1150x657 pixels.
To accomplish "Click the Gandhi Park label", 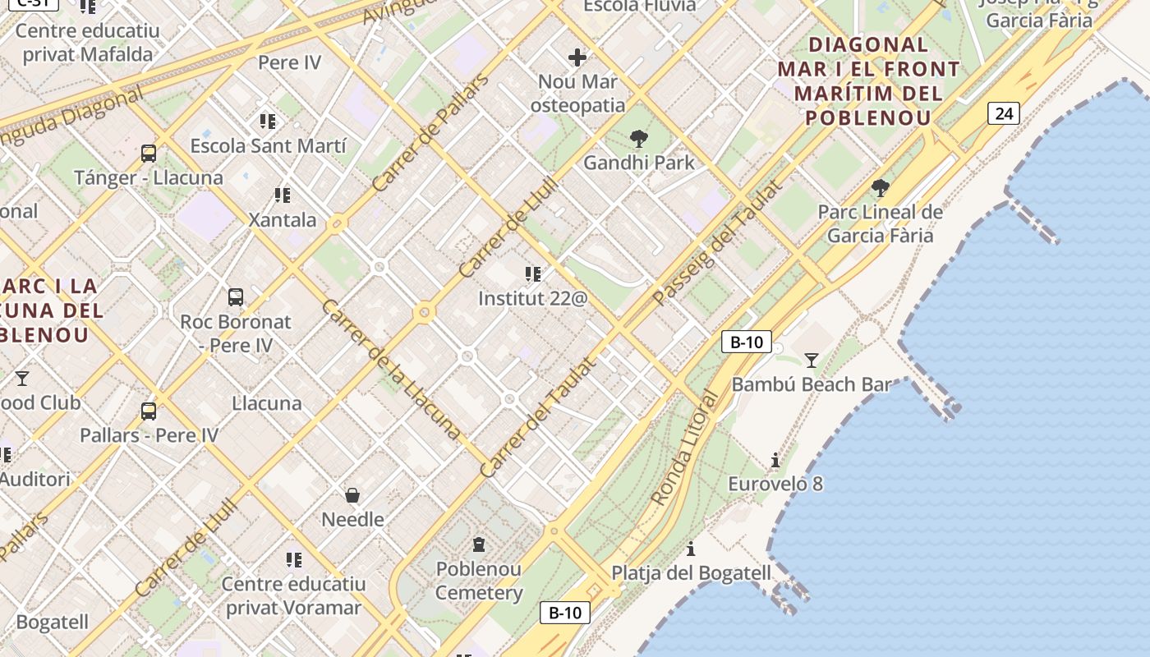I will point(639,163).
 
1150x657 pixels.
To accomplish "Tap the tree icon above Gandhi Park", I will point(638,139).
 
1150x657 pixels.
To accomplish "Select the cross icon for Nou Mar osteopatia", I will point(577,57).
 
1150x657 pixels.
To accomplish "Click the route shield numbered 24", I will point(1004,113).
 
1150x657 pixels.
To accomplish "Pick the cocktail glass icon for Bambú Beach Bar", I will point(812,360).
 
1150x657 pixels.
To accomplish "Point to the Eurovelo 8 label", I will point(775,484).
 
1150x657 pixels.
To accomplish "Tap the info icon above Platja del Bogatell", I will point(691,549).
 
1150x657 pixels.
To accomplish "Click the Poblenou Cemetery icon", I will point(479,544).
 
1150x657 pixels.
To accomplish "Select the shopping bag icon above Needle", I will point(352,494).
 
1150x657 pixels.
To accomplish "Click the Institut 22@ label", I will point(533,298).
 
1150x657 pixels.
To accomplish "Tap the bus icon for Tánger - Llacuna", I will point(149,153).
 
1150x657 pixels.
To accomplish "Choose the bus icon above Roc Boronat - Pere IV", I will point(236,296).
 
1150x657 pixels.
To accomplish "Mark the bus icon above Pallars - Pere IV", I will point(149,411).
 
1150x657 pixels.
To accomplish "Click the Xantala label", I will point(283,220).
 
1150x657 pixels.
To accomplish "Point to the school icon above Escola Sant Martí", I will point(268,122).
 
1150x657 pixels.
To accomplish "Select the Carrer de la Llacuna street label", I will point(391,369).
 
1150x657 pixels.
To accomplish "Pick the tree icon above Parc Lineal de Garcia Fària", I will point(881,188).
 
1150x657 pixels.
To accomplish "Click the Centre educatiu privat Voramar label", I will point(293,595).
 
